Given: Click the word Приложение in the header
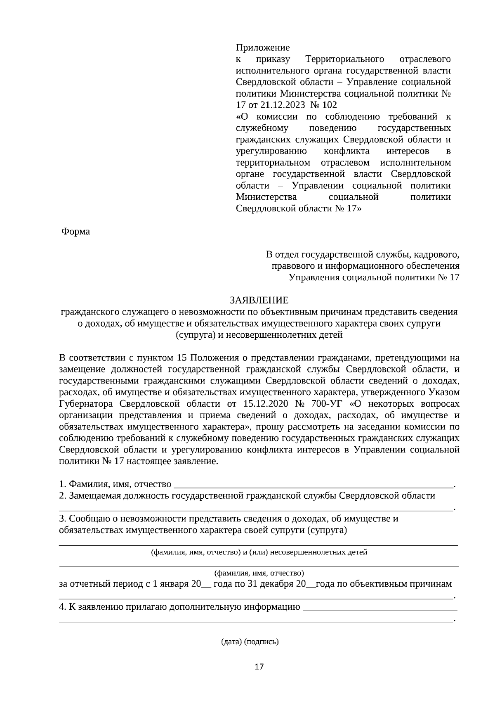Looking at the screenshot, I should (x=263, y=47).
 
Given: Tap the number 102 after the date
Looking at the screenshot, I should (x=329, y=105).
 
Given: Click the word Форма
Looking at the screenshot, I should (x=75, y=232).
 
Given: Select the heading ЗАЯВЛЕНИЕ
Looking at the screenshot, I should (x=259, y=300).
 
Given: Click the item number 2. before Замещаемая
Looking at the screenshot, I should (x=63, y=496).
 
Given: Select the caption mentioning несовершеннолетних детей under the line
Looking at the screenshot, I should (x=259, y=552).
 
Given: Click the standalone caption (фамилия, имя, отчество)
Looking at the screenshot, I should (x=259, y=573).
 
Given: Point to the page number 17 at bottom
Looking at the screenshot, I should (x=259, y=666).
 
